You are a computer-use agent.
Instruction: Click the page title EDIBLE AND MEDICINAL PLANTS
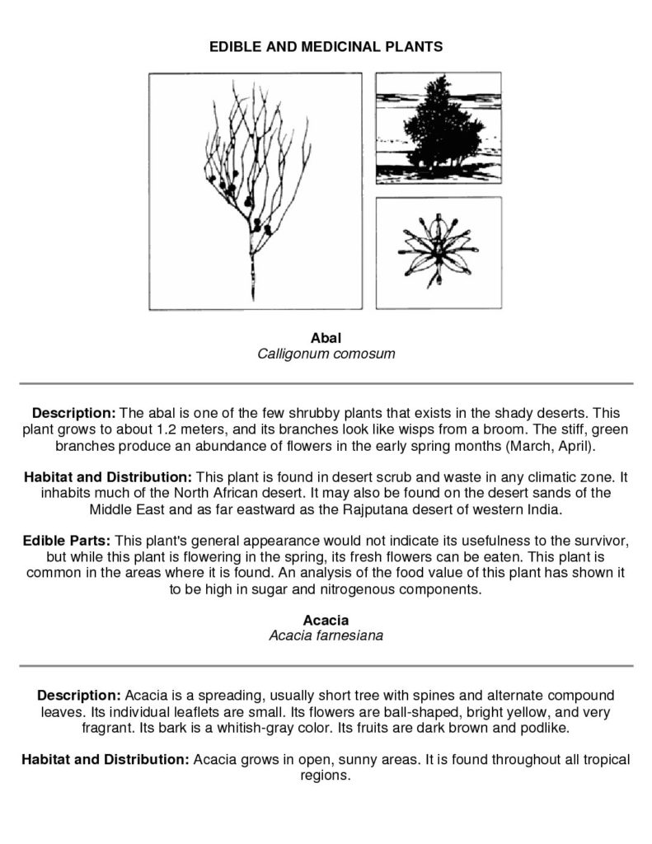point(326,47)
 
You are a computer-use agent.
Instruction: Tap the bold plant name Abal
point(326,338)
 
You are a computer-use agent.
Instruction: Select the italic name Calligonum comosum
point(326,354)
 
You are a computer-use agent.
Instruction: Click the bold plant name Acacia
point(326,620)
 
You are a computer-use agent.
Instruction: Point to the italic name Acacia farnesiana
point(326,635)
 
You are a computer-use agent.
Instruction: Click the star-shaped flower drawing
point(438,253)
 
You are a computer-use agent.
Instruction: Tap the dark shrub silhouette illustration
point(438,128)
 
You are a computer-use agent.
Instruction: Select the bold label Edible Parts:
point(67,541)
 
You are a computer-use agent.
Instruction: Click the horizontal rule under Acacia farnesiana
point(326,665)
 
